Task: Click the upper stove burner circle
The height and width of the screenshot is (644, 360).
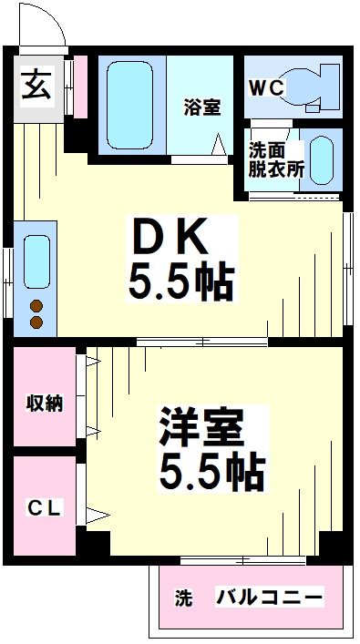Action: click(37, 306)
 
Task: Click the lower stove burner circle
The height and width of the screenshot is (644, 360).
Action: click(37, 322)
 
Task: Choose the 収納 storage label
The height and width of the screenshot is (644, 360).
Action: click(44, 403)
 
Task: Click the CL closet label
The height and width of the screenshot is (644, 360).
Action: click(44, 509)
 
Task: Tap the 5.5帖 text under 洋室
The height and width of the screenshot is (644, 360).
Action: click(213, 473)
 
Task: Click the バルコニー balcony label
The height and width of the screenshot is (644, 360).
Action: click(269, 598)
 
